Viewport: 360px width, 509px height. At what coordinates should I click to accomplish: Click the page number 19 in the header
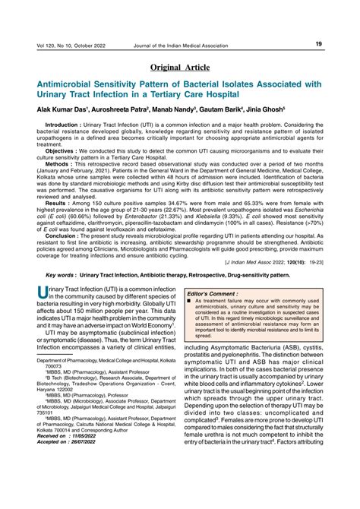pyautogui.click(x=319, y=44)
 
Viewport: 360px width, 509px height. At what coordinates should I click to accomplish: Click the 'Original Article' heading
pyautogui.click(x=179, y=70)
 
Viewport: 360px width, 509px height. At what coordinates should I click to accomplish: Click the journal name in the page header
pyautogui.click(x=190, y=45)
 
